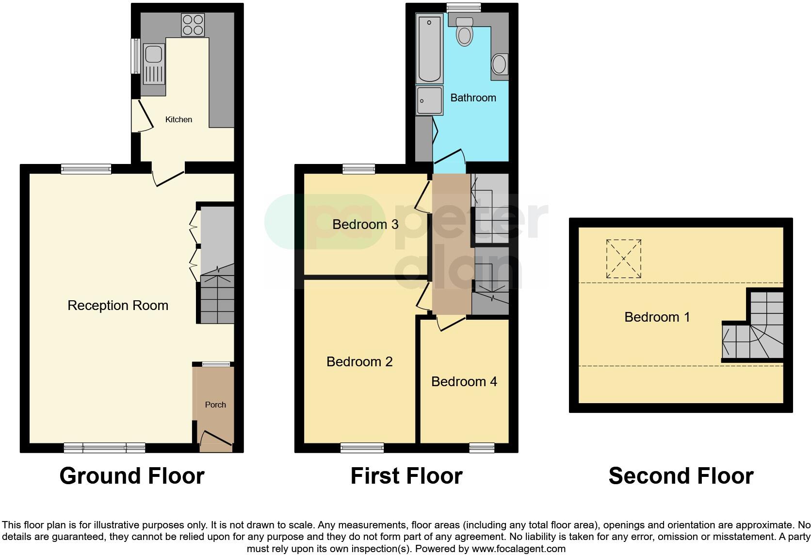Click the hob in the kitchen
click(x=193, y=25)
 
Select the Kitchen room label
click(x=178, y=119)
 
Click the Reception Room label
click(x=118, y=305)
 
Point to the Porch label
click(x=215, y=405)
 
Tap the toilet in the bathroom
click(x=465, y=32)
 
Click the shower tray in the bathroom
click(x=429, y=100)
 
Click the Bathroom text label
click(x=473, y=98)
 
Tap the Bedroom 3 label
click(x=365, y=224)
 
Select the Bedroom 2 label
click(x=359, y=361)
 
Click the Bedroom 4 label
click(x=464, y=382)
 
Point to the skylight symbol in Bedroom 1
click(x=624, y=259)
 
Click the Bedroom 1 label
click(x=657, y=317)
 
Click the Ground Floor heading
click(x=132, y=476)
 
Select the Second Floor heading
click(x=681, y=476)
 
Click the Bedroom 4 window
click(x=482, y=447)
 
